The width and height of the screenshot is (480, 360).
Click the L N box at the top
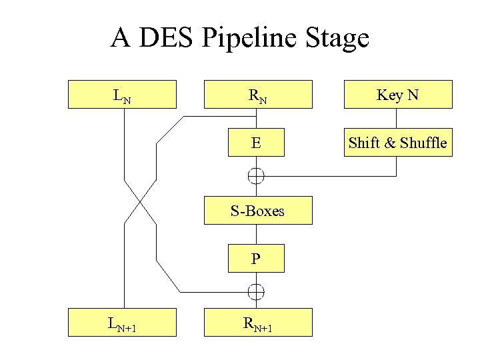pyautogui.click(x=123, y=94)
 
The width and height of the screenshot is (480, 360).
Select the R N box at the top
pyautogui.click(x=257, y=94)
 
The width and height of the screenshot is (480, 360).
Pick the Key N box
pyautogui.click(x=397, y=94)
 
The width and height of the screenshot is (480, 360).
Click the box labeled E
pyautogui.click(x=257, y=142)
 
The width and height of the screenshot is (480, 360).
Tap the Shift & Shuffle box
pyautogui.click(x=397, y=142)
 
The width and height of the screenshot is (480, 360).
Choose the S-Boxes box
pyautogui.click(x=257, y=211)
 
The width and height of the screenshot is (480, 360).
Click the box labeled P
pyautogui.click(x=257, y=259)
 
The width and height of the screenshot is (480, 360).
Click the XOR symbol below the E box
pyautogui.click(x=257, y=176)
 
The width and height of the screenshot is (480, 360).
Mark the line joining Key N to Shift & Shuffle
pyautogui.click(x=397, y=118)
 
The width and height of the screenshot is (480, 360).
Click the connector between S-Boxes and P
pyautogui.click(x=257, y=235)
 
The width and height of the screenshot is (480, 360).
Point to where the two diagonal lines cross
pyautogui.click(x=140, y=201)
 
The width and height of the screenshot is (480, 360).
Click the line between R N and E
pyautogui.click(x=257, y=118)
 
